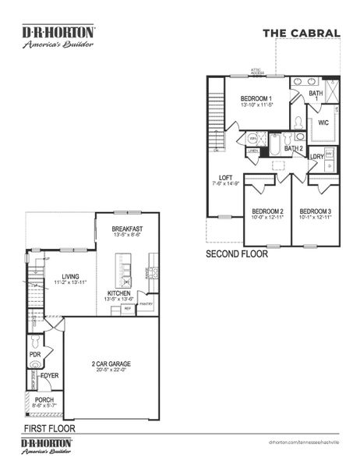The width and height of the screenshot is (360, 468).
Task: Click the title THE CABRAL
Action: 301,33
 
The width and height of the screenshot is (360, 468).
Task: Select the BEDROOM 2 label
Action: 266,211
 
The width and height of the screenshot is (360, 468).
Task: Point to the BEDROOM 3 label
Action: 316,211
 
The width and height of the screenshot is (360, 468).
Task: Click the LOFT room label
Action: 225,177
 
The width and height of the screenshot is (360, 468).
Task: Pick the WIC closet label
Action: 323,123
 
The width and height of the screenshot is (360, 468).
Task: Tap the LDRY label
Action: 316,157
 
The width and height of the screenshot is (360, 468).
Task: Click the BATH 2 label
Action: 293,148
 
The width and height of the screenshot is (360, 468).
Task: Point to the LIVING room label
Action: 71,276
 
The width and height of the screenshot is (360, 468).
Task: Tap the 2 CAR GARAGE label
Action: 111,364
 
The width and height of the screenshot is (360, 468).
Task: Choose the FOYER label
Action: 50,375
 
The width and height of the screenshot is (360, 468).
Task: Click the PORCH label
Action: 44,399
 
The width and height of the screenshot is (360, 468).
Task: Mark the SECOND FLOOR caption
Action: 237,254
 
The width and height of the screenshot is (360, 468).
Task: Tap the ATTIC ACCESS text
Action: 256,71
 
